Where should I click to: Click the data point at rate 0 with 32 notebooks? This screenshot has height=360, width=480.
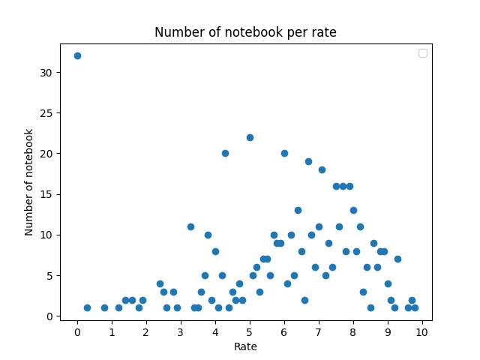77,55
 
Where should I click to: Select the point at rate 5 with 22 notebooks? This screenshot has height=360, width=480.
250,137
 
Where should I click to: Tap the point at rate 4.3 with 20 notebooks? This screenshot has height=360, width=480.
225,153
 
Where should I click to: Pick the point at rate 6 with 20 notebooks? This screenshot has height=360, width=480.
284,153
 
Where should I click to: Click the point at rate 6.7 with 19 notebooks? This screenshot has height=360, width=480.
308,161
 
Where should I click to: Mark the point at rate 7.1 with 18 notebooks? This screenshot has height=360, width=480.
322,169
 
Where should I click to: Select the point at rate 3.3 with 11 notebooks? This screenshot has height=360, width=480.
190,226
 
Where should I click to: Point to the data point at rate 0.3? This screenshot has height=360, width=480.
87,307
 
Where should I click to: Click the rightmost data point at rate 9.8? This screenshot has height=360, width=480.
415,307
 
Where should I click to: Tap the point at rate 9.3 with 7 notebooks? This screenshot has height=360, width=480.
397,259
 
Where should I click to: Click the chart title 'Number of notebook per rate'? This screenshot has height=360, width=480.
245,32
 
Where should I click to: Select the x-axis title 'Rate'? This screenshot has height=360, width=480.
245,346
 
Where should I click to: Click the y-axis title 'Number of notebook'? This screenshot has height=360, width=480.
29,182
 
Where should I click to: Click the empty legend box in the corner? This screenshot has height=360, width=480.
422,53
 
